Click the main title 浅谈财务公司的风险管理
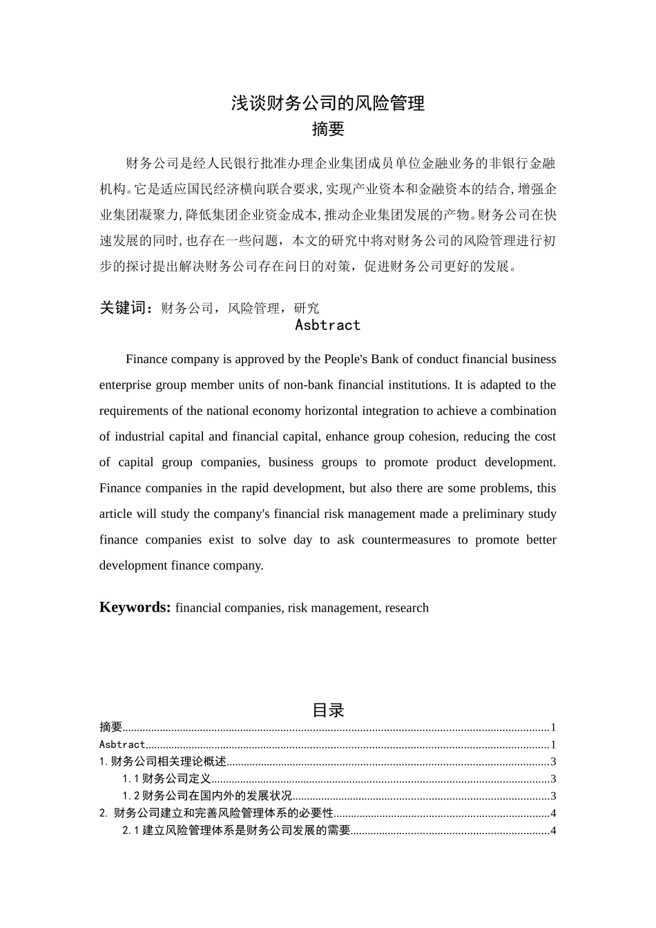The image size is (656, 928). [x=327, y=104]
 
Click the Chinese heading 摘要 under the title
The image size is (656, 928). [x=327, y=129]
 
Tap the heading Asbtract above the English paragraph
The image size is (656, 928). [x=327, y=325]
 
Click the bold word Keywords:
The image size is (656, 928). [x=135, y=608]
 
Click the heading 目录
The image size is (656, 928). [x=327, y=710]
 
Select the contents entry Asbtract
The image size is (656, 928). [x=122, y=744]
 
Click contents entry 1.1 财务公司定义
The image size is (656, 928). [x=166, y=779]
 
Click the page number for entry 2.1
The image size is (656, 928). [x=553, y=831]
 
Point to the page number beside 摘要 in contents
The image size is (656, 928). [x=553, y=727]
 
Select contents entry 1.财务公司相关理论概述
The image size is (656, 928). [x=163, y=762]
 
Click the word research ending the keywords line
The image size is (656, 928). [x=407, y=608]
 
